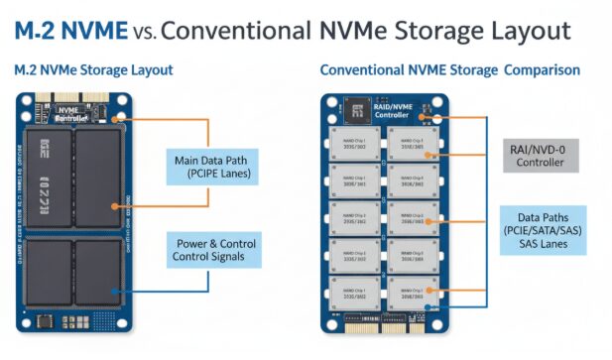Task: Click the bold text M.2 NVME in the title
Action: click(x=67, y=30)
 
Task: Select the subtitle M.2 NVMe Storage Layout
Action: click(x=93, y=70)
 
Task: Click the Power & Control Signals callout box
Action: click(x=212, y=251)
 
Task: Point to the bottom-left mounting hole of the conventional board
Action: click(x=331, y=322)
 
